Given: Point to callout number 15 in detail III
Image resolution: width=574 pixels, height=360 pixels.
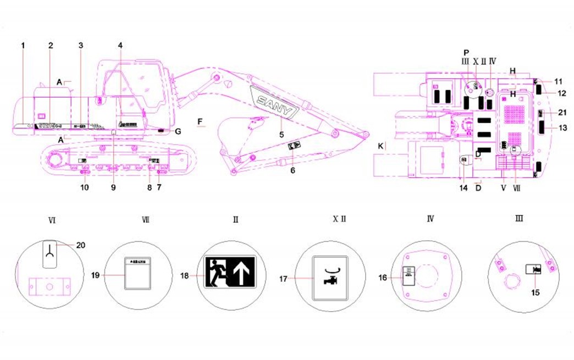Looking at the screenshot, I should (536, 293).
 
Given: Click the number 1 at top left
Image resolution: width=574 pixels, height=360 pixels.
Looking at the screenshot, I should (24, 46).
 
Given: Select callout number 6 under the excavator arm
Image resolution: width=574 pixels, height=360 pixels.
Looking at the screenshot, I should (292, 170).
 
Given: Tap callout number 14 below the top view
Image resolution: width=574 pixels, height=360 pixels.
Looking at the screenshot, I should (464, 188).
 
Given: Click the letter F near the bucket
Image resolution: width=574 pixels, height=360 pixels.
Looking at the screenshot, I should (200, 120).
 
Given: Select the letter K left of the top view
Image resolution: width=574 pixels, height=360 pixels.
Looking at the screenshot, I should (379, 146).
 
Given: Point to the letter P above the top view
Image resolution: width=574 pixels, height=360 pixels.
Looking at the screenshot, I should (466, 52).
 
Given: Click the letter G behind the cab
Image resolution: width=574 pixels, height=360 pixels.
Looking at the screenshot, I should (178, 131).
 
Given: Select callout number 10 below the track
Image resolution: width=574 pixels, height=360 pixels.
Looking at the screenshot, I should (84, 187).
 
